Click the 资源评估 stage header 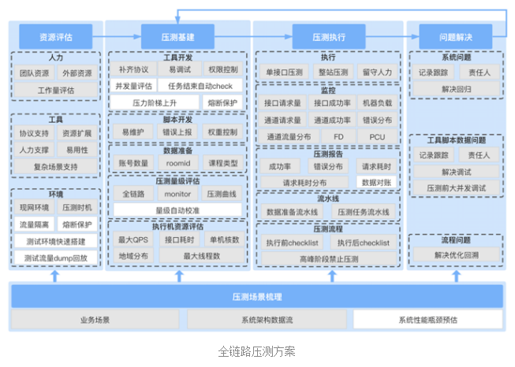pos(55,35)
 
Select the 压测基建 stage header pos(177,35)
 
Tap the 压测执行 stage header pos(328,35)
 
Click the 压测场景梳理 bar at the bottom pos(257,297)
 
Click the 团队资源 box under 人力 pos(34,73)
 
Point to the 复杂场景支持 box pos(54,167)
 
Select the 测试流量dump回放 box pos(54,258)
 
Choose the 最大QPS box pos(133,239)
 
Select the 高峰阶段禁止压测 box pos(328,258)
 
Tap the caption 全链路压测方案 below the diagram pos(257,351)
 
